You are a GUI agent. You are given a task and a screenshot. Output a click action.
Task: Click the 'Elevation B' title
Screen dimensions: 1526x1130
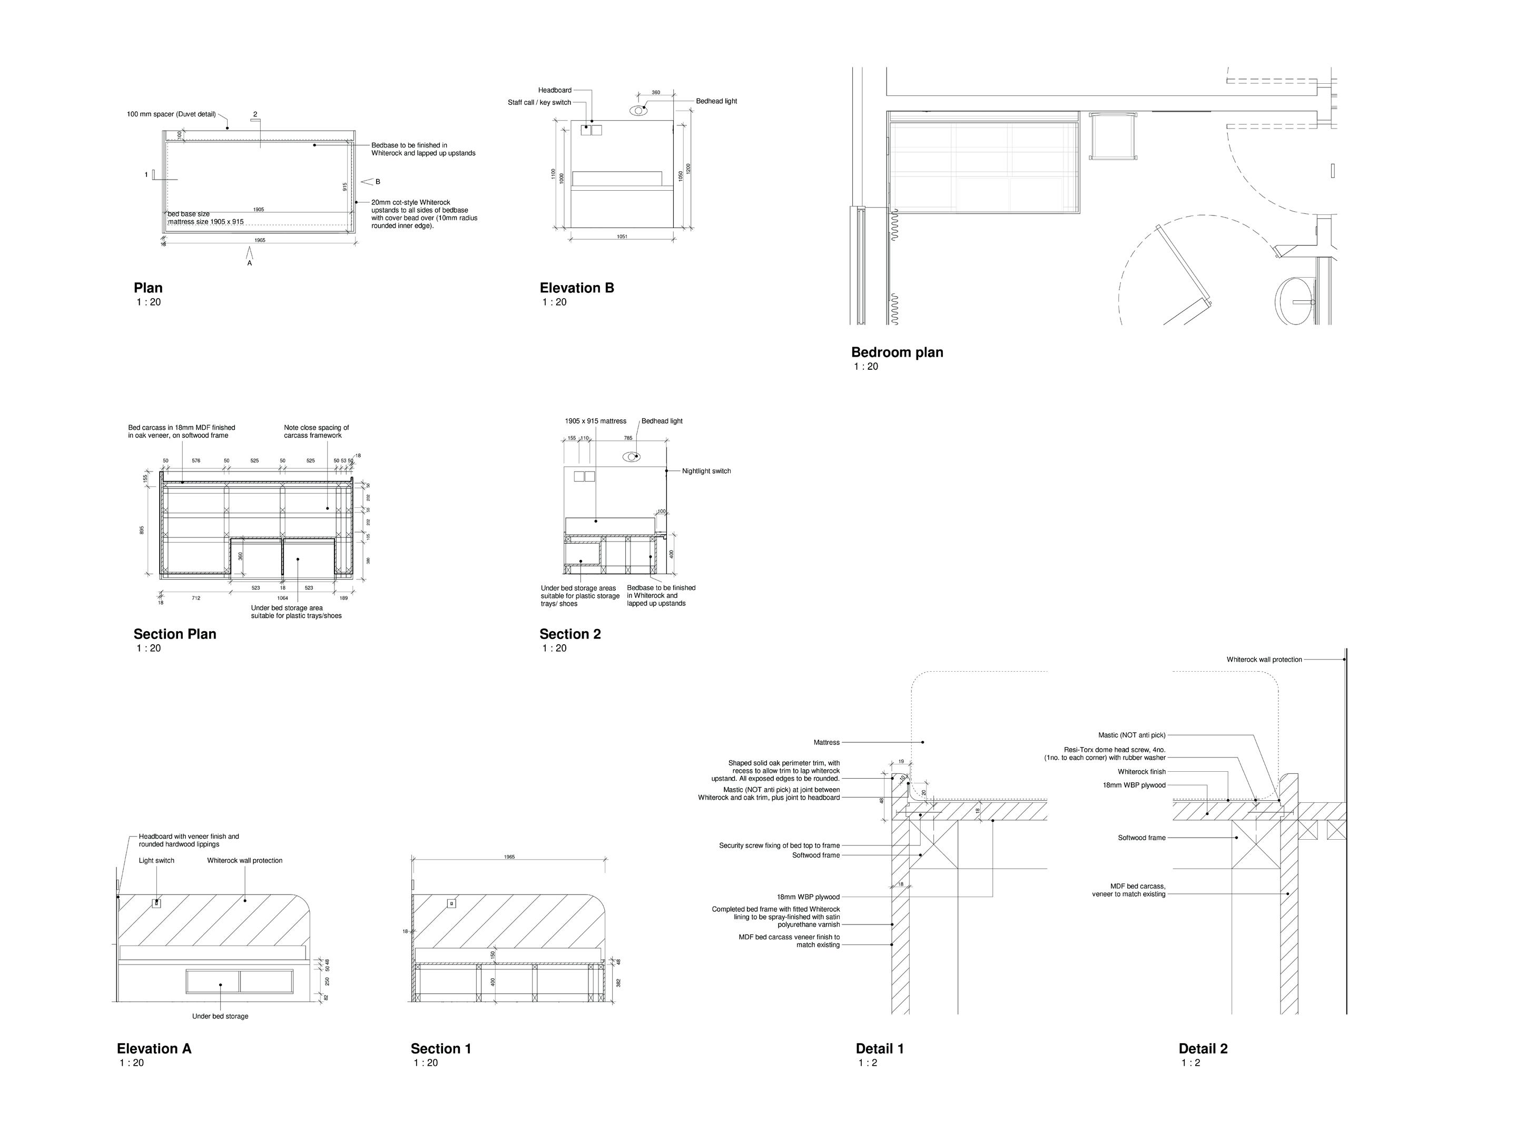tap(577, 288)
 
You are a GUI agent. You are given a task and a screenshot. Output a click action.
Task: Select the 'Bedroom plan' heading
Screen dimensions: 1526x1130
tap(897, 352)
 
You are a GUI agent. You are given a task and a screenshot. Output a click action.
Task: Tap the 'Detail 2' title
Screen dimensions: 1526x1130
tap(1203, 1048)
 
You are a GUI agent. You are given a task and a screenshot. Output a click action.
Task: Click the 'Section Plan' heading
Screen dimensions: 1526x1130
tap(174, 634)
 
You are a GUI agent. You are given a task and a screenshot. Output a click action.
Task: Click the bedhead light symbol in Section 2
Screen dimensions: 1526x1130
tap(631, 457)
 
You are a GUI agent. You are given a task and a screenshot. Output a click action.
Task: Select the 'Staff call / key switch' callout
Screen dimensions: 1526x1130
tap(539, 103)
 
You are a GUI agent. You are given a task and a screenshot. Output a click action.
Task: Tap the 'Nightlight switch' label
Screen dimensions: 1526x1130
tap(706, 471)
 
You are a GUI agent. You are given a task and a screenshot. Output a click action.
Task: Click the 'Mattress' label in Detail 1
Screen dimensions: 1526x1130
tap(826, 742)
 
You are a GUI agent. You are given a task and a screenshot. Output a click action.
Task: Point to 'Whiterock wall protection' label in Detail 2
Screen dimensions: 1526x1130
tap(1264, 660)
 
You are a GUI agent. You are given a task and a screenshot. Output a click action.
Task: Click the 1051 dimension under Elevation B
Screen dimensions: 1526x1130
tap(622, 237)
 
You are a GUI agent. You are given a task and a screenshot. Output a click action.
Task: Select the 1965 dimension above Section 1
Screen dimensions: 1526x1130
tap(509, 857)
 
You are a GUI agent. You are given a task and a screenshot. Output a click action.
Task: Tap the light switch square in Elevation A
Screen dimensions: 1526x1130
tap(156, 903)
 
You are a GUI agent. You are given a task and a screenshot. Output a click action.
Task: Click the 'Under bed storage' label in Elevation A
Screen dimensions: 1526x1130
tap(220, 1016)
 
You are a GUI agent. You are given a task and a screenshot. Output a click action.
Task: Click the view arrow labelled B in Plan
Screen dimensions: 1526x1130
tap(367, 181)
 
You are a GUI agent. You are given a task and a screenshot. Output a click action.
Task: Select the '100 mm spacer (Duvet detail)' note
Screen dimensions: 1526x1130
tap(171, 114)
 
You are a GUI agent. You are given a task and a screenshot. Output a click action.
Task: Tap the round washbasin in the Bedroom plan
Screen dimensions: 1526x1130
tap(1294, 301)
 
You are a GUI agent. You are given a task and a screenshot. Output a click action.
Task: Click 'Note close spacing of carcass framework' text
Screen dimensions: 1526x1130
tap(316, 431)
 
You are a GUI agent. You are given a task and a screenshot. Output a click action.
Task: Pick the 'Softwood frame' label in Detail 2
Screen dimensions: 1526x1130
tap(1141, 838)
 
